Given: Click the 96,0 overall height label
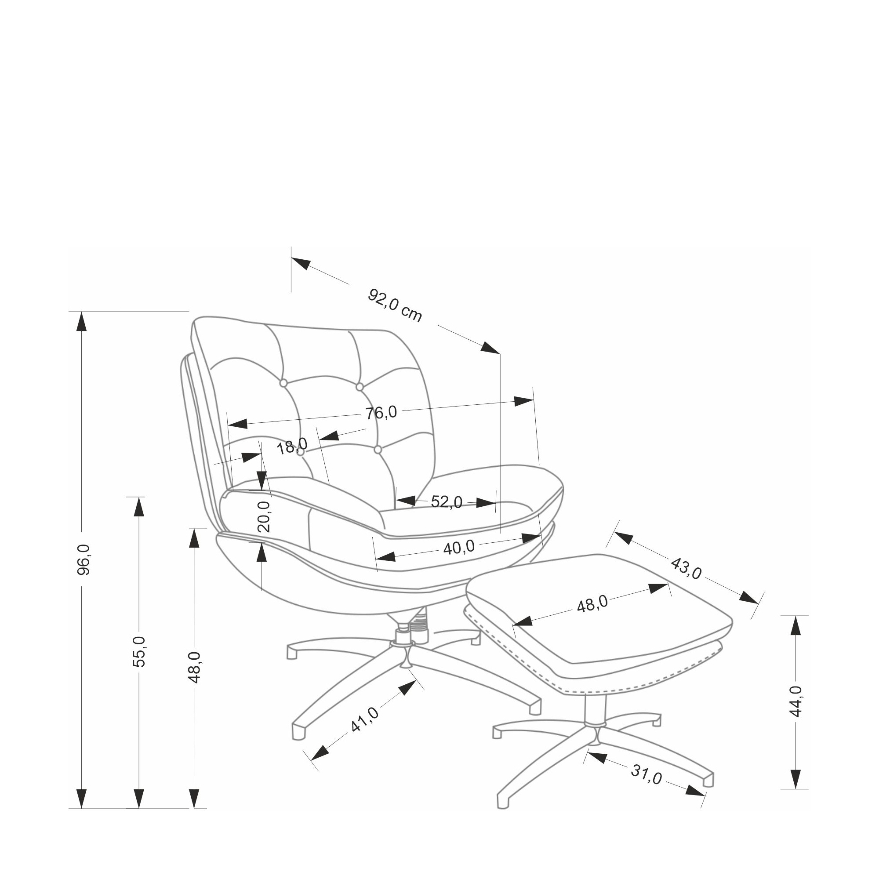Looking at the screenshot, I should [84, 559].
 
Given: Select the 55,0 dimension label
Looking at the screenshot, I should [139, 651].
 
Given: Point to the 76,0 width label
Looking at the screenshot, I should [381, 413].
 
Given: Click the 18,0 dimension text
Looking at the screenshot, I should [292, 447].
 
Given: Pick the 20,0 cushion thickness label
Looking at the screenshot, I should [264, 516].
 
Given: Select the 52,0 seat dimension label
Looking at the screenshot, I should [447, 502].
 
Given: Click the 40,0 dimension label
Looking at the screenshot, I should [458, 547].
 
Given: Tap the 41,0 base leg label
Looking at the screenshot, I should [364, 720].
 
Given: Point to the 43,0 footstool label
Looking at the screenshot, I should [686, 569].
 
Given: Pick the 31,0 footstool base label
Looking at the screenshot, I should [646, 774].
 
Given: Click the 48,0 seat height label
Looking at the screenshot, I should [194, 667].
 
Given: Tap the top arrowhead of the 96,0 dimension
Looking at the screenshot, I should [81, 322].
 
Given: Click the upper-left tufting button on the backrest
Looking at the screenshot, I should [283, 383].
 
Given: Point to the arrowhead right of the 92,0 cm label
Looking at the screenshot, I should [490, 348].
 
